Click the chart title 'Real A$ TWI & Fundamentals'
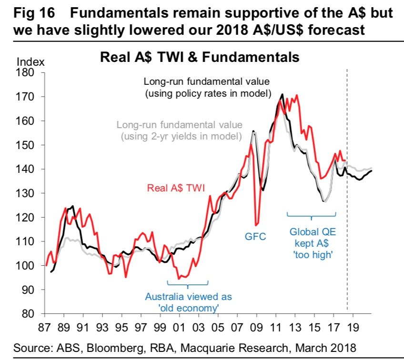pos(199,58)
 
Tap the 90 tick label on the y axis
pos(28,290)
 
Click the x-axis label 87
pos(44,328)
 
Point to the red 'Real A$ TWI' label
pos(176,188)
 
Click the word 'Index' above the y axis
pos(30,62)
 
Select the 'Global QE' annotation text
pos(313,233)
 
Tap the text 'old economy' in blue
pos(188,308)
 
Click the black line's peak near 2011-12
pos(283,94)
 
